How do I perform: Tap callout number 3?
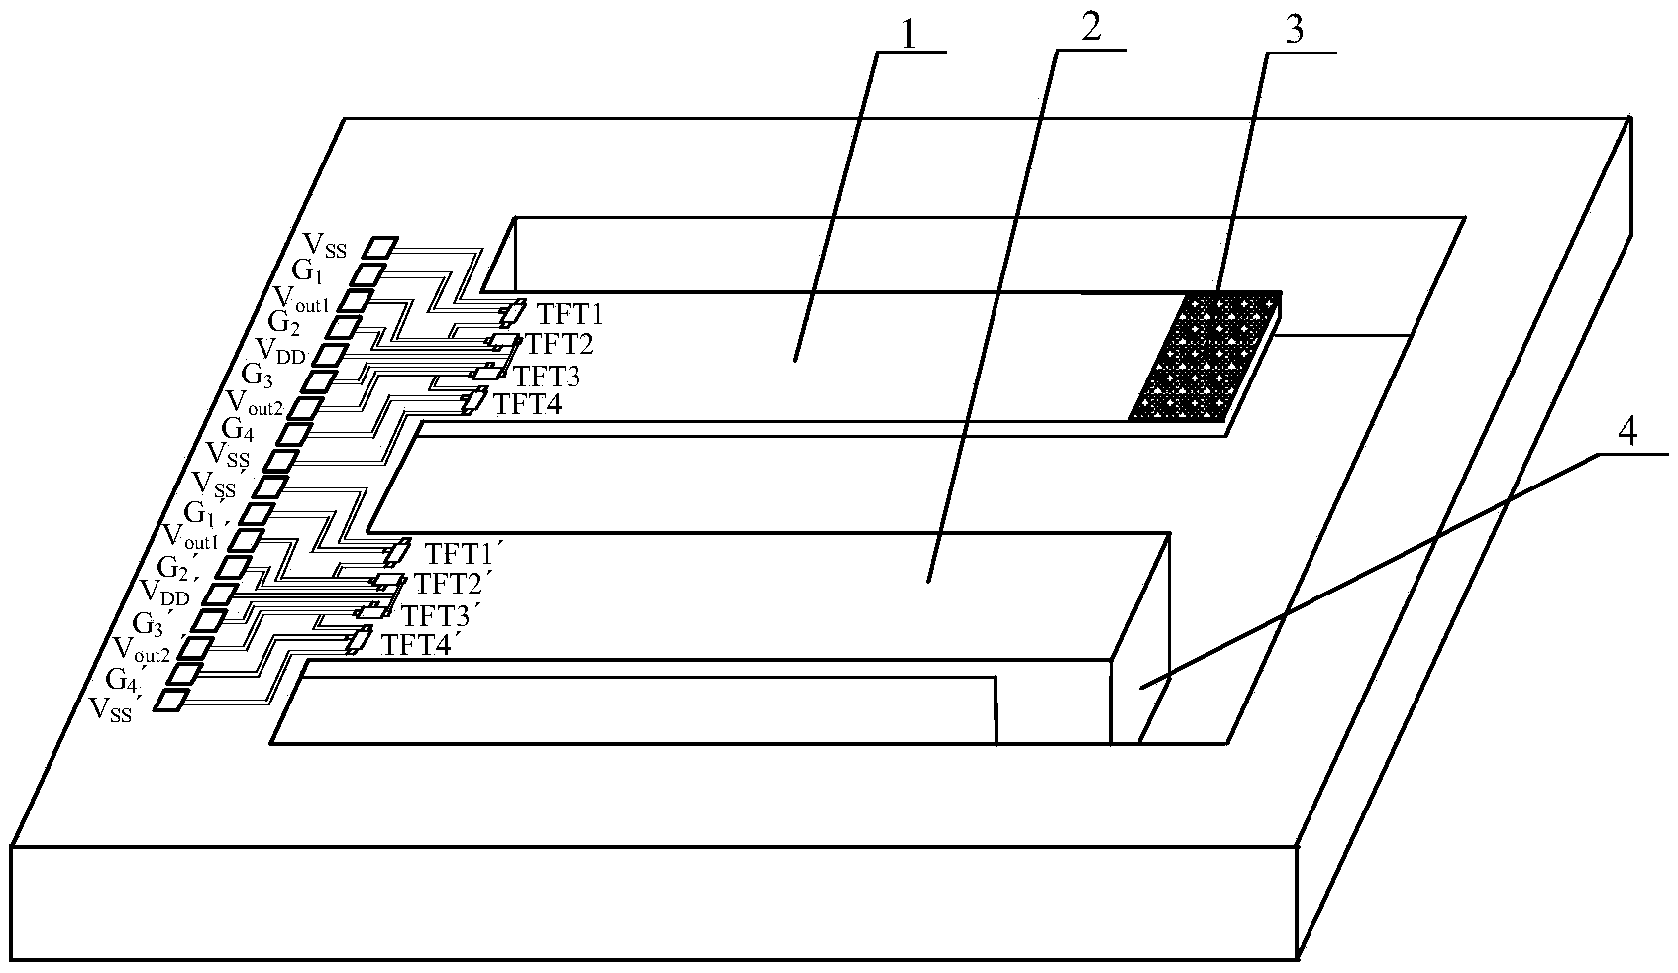point(1293,30)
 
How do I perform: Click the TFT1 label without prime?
point(570,315)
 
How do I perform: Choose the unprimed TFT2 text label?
point(560,345)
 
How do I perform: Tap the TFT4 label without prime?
point(528,404)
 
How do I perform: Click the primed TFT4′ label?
point(419,646)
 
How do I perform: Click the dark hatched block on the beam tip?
point(1205,355)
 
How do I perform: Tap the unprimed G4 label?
point(241,429)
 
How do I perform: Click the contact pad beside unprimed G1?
point(367,273)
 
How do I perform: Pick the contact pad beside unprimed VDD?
point(331,354)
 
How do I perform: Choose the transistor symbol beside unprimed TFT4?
point(474,401)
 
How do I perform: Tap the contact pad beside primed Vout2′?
point(194,648)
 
